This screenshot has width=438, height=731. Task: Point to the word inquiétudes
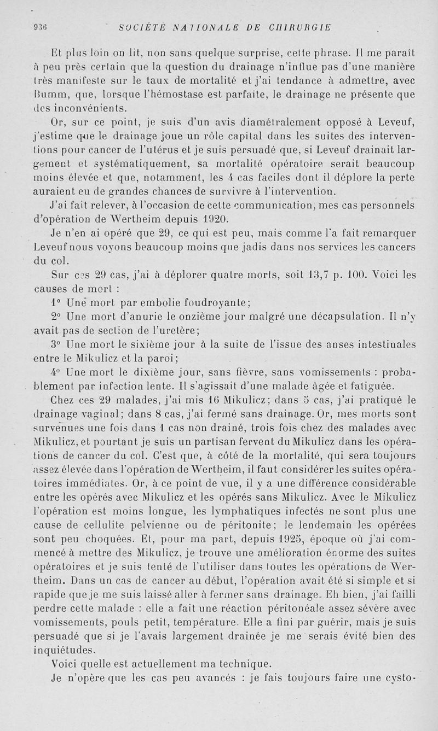coord(64,650)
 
